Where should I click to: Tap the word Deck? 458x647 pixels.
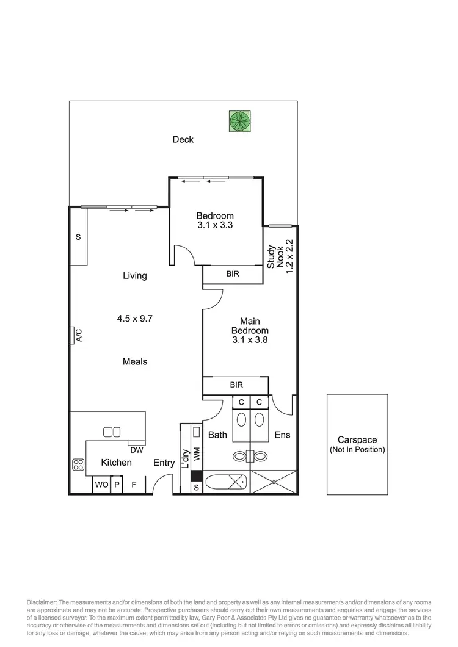[x=183, y=139]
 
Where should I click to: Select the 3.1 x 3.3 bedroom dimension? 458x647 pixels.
[x=215, y=225]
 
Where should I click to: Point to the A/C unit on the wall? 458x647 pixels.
[x=78, y=335]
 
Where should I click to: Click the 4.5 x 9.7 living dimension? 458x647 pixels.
[x=135, y=318]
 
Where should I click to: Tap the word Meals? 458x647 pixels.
[x=135, y=361]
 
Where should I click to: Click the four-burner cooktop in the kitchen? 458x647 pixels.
[x=78, y=464]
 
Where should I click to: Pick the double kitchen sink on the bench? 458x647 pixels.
[x=112, y=432]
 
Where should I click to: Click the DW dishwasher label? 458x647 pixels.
[x=137, y=450]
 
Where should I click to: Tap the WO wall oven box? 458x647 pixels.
[x=100, y=485]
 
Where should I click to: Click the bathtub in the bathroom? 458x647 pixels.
[x=226, y=482]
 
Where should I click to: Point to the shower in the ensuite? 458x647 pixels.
[x=274, y=482]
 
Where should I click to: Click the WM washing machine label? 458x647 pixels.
[x=197, y=454]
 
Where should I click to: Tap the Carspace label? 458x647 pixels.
[x=357, y=439]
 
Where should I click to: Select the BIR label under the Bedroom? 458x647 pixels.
[x=233, y=275]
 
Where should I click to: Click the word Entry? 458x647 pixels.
[x=164, y=463]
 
